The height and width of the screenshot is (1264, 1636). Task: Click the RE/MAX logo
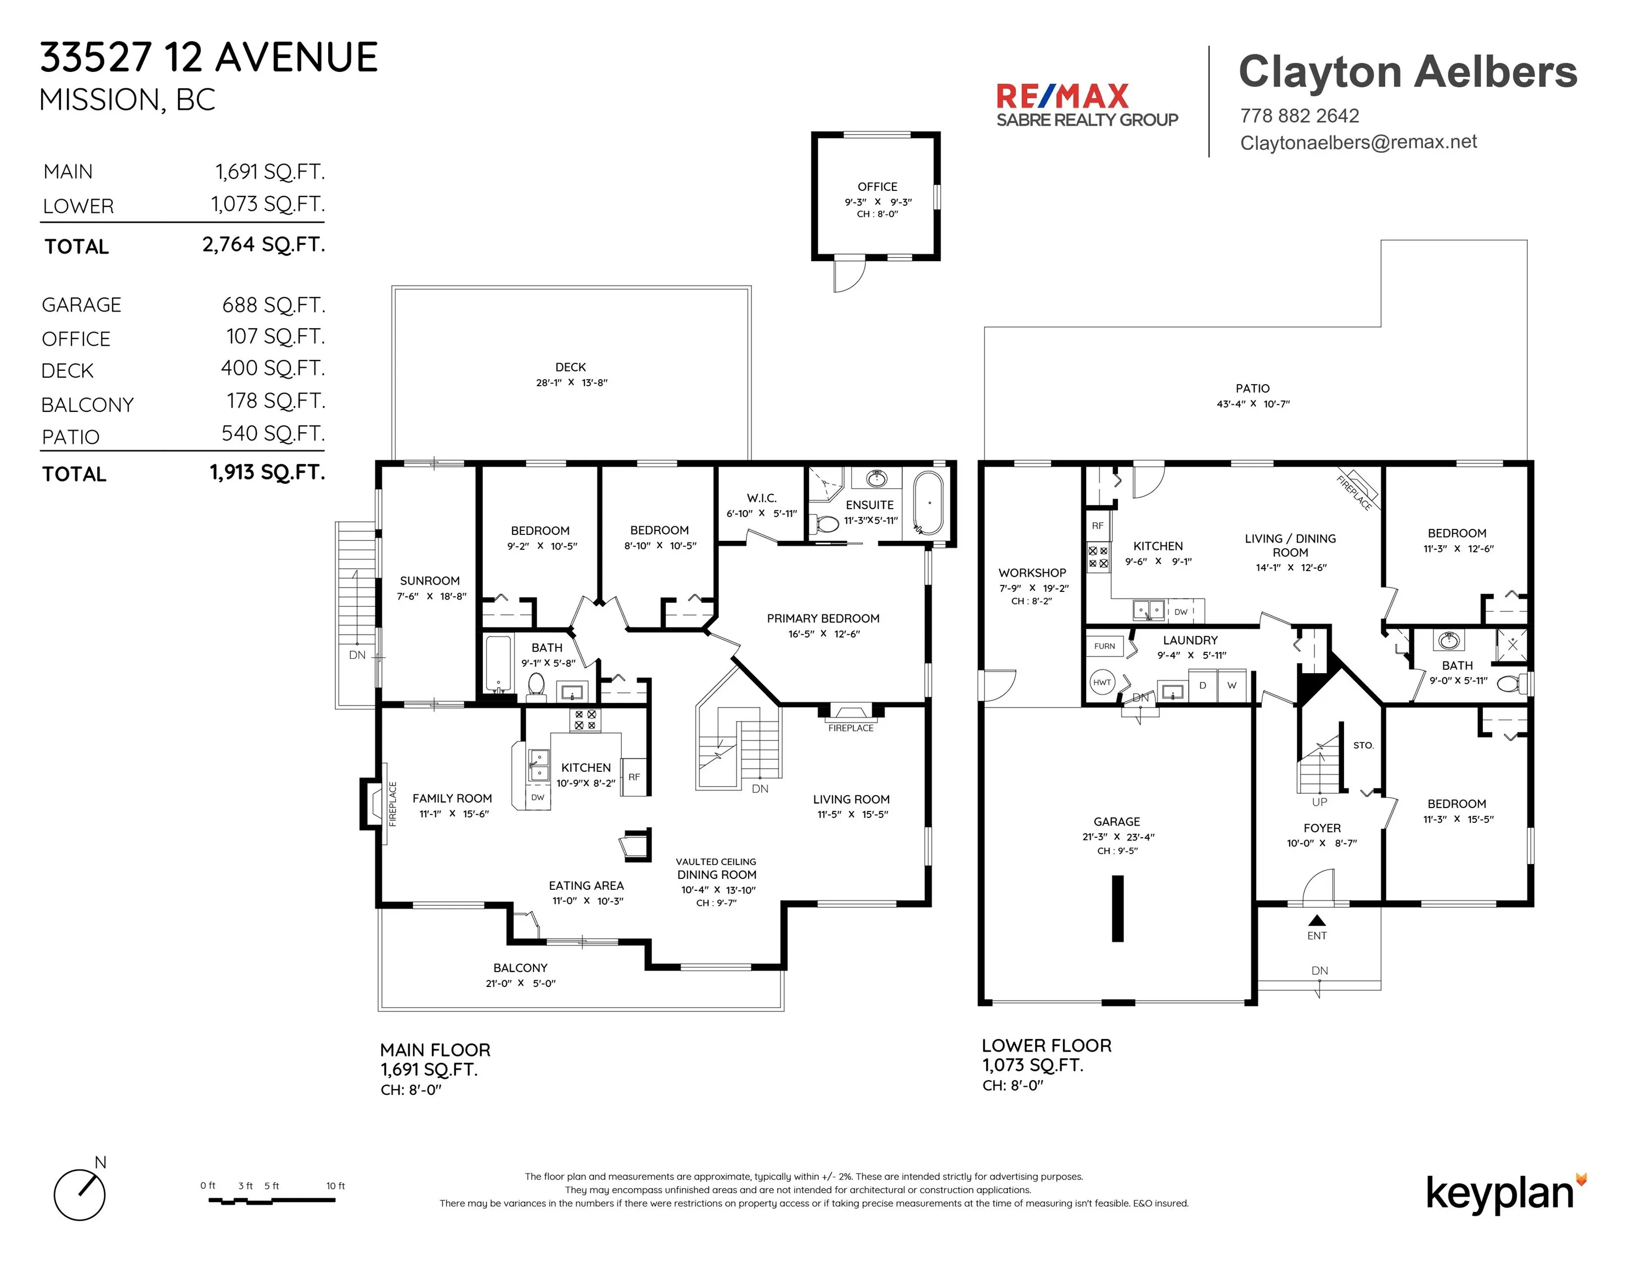click(1086, 105)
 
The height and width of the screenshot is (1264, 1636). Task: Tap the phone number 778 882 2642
click(1300, 116)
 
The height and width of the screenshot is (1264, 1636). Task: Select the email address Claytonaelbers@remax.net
click(1358, 142)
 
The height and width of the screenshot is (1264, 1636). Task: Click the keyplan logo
click(1506, 1194)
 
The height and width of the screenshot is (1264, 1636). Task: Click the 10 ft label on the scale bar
click(335, 1186)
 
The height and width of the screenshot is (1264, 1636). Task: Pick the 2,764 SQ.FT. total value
click(263, 245)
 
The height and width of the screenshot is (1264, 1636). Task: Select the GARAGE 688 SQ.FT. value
click(273, 306)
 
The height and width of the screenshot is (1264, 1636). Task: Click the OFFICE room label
click(877, 187)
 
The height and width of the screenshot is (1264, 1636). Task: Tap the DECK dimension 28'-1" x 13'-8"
click(571, 382)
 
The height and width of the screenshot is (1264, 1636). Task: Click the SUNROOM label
click(430, 580)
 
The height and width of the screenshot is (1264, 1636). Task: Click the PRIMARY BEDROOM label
click(823, 618)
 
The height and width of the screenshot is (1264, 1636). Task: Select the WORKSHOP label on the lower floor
click(1032, 573)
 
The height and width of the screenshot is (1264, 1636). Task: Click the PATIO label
click(1252, 388)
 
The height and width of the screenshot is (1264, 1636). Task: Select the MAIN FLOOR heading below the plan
click(435, 1050)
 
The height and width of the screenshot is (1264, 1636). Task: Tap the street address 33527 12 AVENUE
click(209, 58)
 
